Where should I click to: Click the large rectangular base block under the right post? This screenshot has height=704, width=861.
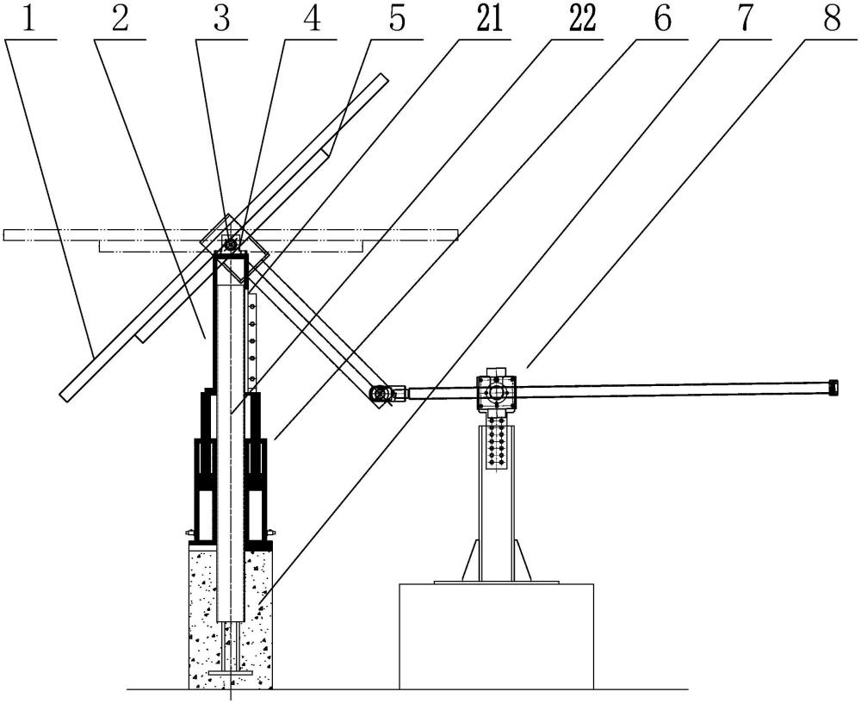(x=497, y=636)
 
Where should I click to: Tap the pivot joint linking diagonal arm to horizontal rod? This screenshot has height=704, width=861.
(x=380, y=394)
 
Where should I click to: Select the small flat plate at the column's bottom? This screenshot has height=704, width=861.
(x=231, y=673)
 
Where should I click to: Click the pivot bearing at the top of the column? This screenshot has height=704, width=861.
(x=231, y=242)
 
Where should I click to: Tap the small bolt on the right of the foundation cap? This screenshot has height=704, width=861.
(x=270, y=532)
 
